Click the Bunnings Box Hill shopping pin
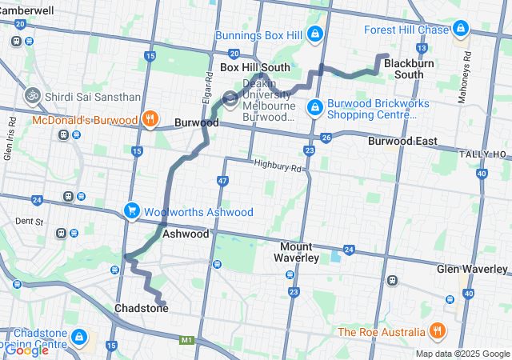(315, 34)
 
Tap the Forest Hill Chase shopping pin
(460, 30)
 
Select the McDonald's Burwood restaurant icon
(150, 120)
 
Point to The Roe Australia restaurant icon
(436, 330)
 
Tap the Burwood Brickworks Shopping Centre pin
(315, 106)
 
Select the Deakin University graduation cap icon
(230, 100)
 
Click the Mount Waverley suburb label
(299, 252)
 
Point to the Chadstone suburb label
(142, 308)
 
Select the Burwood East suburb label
(402, 142)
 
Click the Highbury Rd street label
(278, 166)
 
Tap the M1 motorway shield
(187, 340)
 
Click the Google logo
(26, 350)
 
